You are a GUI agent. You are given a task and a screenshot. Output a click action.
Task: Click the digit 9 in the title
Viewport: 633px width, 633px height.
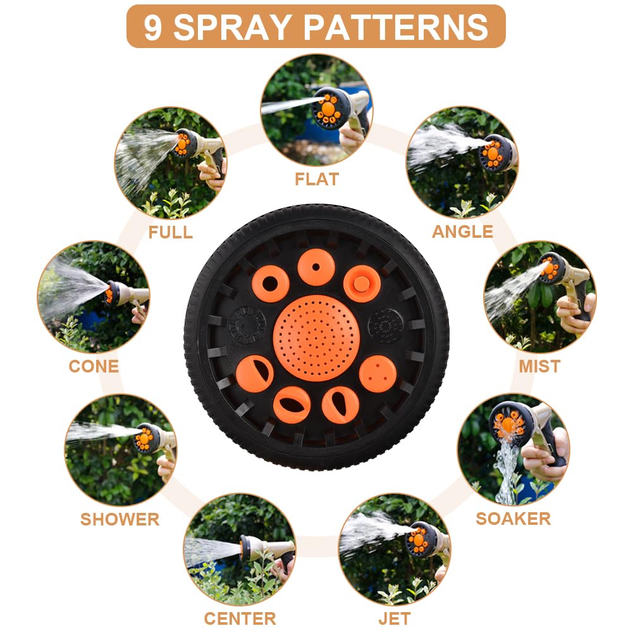click(152, 27)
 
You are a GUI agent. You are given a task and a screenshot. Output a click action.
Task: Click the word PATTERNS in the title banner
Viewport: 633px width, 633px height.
click(396, 27)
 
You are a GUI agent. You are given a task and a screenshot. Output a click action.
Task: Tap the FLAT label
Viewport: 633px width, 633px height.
click(317, 179)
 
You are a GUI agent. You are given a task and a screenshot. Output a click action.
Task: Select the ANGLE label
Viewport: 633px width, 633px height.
click(462, 231)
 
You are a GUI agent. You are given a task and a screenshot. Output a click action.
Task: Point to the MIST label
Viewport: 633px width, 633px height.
click(539, 366)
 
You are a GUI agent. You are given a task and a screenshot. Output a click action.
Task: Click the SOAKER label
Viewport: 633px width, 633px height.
click(513, 519)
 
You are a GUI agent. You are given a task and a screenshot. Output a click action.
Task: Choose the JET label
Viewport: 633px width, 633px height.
click(395, 618)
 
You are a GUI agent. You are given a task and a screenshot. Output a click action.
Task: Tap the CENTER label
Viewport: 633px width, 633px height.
click(240, 618)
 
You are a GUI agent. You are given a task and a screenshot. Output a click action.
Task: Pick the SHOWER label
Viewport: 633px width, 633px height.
click(120, 519)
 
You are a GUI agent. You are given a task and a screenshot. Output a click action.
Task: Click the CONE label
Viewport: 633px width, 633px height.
click(94, 366)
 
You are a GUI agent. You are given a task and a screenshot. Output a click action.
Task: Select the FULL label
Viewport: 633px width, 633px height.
click(170, 232)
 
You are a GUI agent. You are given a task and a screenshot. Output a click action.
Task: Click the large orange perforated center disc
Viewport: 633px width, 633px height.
click(316, 338)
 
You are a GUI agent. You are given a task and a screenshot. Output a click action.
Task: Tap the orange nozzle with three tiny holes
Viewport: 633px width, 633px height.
click(378, 374)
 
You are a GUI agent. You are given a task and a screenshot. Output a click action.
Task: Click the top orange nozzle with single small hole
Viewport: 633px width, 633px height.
click(316, 267)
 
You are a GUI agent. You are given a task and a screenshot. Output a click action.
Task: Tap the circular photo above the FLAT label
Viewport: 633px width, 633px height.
click(316, 110)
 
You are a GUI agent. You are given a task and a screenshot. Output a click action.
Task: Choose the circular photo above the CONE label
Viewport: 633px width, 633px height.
click(93, 297)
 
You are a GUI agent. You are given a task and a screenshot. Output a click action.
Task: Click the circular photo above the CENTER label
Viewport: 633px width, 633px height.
click(240, 550)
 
